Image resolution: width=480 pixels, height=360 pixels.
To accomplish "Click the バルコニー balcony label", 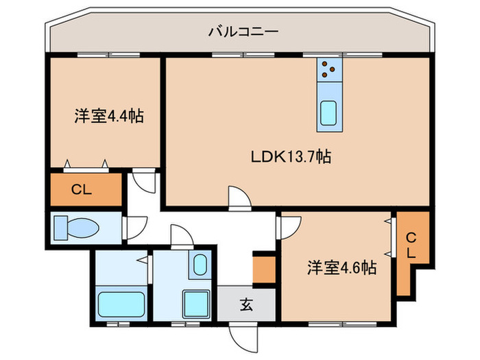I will coord(240,32).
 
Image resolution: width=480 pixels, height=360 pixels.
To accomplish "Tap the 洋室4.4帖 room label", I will coord(108,117).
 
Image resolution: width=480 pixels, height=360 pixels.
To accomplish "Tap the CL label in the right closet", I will coord(411,245).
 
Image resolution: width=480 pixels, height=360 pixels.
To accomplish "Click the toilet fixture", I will coord(77,227).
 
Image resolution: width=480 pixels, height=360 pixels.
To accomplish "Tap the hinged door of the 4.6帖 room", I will coord(289,225).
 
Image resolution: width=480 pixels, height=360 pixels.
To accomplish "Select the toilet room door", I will coord(134,227).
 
